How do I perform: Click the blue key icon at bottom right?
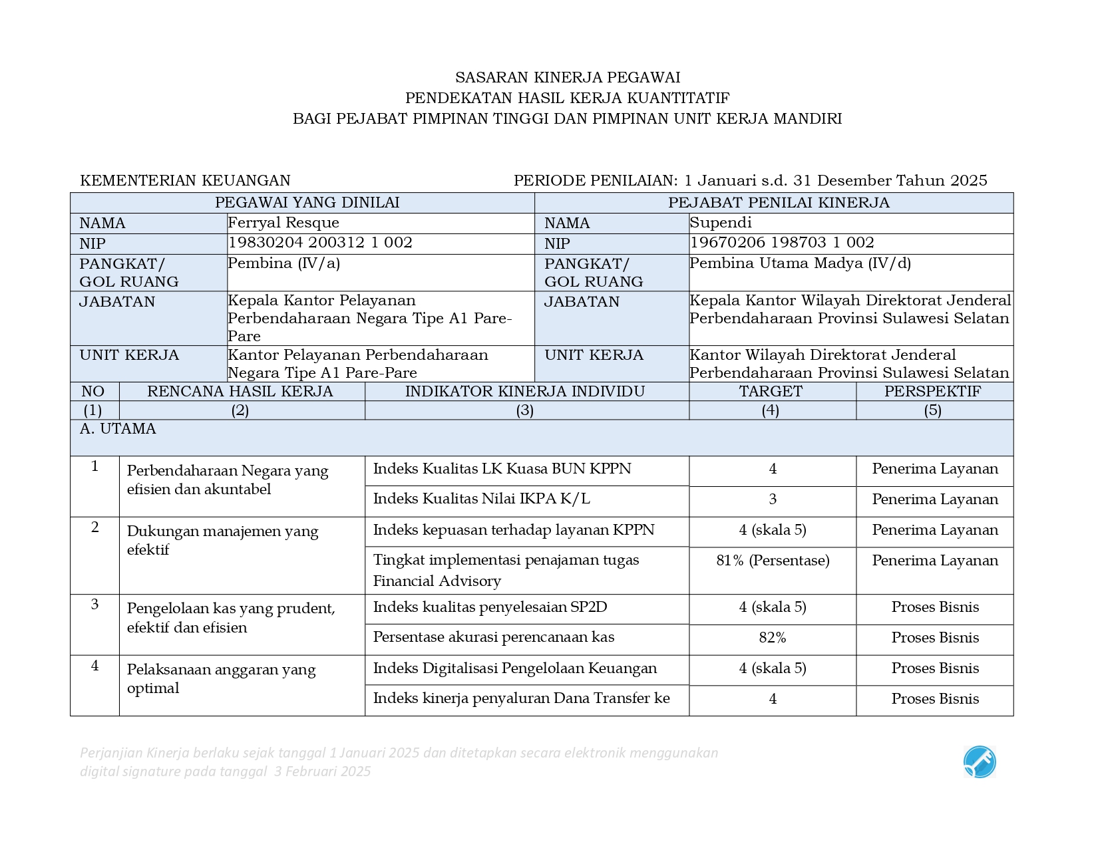point(980,762)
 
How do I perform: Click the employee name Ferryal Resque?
point(283,223)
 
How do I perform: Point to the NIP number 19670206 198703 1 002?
point(782,243)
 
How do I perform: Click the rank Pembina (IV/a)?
point(284,263)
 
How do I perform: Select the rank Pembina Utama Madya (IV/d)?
point(800,263)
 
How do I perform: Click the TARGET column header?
point(771,391)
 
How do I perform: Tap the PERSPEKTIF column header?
point(932,391)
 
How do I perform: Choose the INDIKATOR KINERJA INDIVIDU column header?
point(525,391)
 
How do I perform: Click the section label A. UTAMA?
point(118,429)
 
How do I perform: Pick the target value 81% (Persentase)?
point(773,561)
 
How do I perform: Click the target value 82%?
point(773,638)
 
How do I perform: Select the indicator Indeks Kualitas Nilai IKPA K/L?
point(481,499)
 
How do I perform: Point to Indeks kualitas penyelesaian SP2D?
point(490,607)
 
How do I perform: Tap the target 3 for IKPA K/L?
point(773,499)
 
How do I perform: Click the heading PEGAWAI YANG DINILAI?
point(307,203)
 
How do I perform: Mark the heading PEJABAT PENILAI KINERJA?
point(779,203)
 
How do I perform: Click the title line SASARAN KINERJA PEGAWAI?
point(568,78)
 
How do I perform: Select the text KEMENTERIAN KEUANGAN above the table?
point(185,181)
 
